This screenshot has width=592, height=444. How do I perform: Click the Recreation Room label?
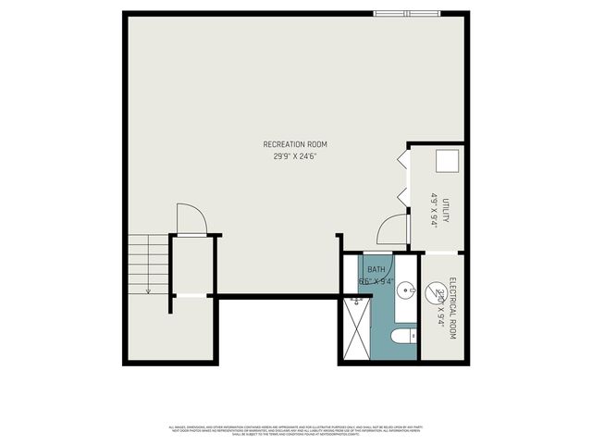(x=295, y=144)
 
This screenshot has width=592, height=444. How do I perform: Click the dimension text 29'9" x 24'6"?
(x=295, y=157)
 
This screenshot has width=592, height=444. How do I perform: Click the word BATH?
(x=376, y=269)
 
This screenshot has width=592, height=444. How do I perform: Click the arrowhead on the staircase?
(x=147, y=290)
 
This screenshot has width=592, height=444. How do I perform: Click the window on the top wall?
(x=406, y=14)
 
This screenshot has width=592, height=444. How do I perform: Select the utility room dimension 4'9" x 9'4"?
(x=433, y=211)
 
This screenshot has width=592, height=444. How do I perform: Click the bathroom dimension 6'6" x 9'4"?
(x=376, y=281)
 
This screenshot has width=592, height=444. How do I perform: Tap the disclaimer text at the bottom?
(x=295, y=429)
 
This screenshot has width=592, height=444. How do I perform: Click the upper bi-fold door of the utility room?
(x=402, y=160)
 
